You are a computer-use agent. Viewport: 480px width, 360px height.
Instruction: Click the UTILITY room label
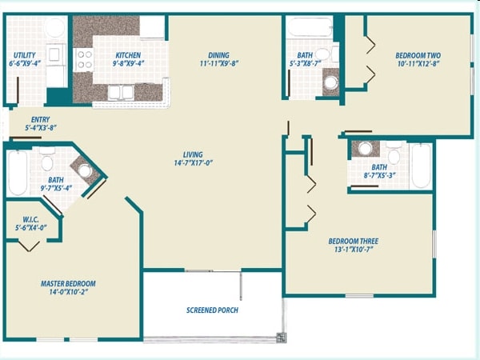pos(23,54)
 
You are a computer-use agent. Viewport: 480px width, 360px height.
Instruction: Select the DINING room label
pos(218,55)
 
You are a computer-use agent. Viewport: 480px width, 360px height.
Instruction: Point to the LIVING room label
pos(192,154)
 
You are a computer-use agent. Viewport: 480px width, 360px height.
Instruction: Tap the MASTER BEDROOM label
pos(68,283)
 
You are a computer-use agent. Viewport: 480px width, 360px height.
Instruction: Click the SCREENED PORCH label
pos(212,310)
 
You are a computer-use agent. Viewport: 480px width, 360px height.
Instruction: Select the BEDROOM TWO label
pos(418,55)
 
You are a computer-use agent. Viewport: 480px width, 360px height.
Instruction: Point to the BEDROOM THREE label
pos(353,241)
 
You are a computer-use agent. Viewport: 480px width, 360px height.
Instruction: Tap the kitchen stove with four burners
pos(83,59)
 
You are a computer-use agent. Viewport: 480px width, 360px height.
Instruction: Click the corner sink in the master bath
pos(85,170)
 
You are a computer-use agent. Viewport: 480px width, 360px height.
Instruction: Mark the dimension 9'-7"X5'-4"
pos(55,189)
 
